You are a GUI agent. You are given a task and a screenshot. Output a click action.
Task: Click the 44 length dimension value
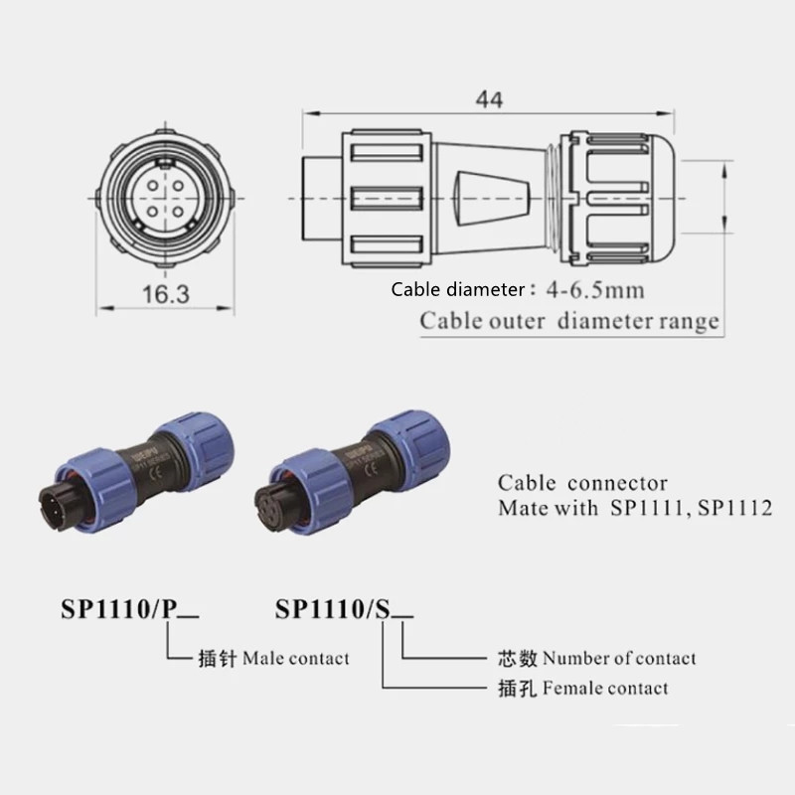489,99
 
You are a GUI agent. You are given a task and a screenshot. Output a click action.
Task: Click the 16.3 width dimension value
166,294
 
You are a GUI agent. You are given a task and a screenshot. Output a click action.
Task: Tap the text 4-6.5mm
595,290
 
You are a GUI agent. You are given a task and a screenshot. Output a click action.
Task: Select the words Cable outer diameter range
569,321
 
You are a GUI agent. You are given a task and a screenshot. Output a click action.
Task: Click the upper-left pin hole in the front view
153,186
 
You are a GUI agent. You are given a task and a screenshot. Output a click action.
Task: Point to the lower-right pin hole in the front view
178,210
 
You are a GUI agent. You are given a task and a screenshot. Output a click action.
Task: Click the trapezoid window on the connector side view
491,198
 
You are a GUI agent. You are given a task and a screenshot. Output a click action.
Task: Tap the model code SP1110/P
118,608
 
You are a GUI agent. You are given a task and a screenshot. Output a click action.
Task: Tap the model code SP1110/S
333,608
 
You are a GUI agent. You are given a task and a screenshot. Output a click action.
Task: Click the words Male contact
296,658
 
